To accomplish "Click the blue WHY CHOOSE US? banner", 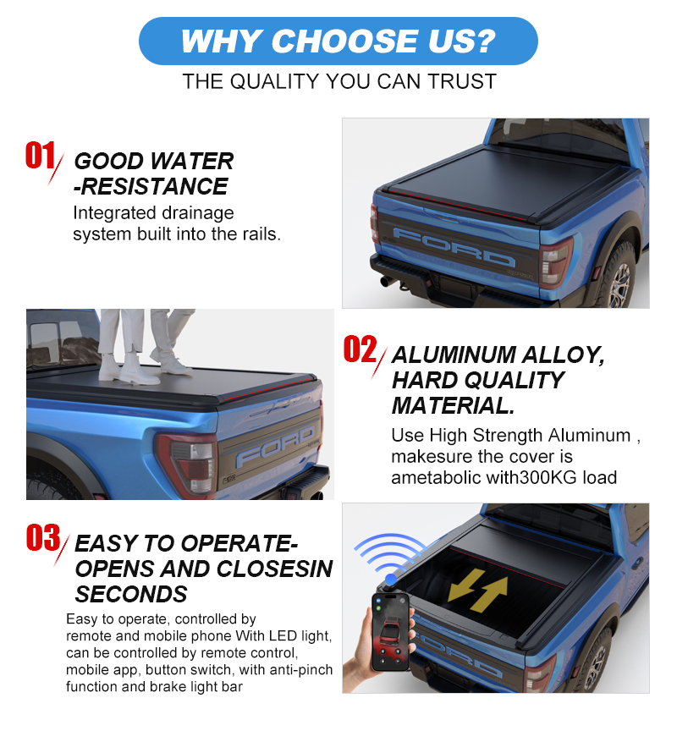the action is pyautogui.click(x=338, y=41).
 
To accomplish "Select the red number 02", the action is pyautogui.click(x=360, y=349).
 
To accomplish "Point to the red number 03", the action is pyautogui.click(x=43, y=537).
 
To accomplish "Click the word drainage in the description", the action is pyautogui.click(x=195, y=213).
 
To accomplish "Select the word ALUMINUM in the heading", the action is pyautogui.click(x=454, y=355).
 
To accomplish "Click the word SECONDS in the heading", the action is pyautogui.click(x=131, y=595).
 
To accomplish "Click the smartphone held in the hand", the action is pyautogui.click(x=391, y=631).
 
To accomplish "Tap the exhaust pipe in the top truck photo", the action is pyautogui.click(x=388, y=281).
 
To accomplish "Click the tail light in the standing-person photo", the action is pyautogui.click(x=187, y=463).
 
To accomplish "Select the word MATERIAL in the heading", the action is pyautogui.click(x=454, y=405).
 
